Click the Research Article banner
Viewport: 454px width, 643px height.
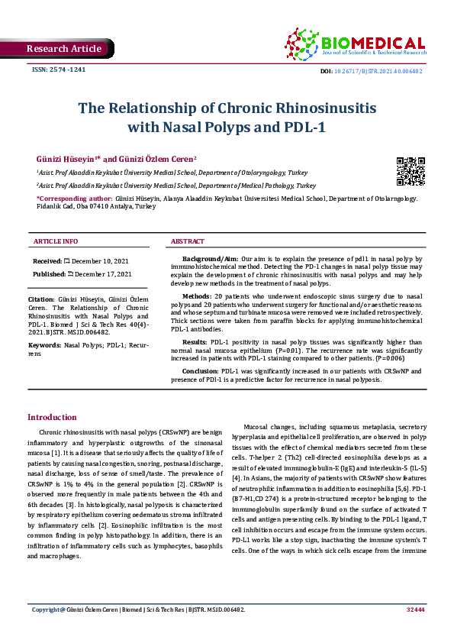click(x=63, y=49)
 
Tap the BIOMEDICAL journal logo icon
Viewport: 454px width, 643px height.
click(x=301, y=43)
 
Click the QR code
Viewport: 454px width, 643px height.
click(x=410, y=171)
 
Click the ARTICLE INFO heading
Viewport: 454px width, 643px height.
click(x=56, y=241)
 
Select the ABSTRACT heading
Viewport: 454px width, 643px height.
click(x=187, y=241)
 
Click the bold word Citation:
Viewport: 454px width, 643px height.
click(x=40, y=299)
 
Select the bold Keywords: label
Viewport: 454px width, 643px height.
click(x=44, y=345)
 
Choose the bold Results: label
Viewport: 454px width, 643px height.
click(x=195, y=342)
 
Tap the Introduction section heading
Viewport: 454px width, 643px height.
click(x=52, y=417)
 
